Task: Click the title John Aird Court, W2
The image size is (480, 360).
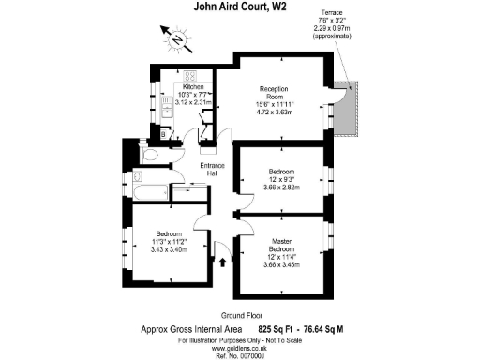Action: [x=239, y=8]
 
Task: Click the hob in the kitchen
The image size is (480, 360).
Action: [x=189, y=78]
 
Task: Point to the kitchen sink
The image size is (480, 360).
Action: [x=165, y=110]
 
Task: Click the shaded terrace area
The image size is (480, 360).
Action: [x=352, y=109]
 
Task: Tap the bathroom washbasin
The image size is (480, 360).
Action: [x=137, y=176]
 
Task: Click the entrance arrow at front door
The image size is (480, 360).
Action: [x=222, y=264]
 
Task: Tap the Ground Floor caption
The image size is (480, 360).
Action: [x=239, y=316]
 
